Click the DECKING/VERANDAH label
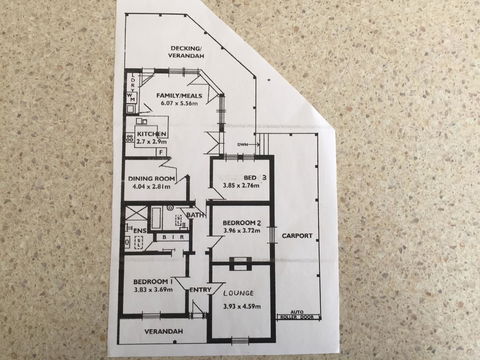click(187, 52)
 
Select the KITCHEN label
click(150, 133)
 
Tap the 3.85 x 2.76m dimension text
click(240, 187)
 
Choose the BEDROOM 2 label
click(241, 222)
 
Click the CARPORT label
click(297, 236)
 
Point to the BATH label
click(195, 215)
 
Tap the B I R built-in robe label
click(169, 238)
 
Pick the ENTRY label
click(200, 290)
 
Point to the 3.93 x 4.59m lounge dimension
click(238, 306)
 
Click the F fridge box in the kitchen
click(148, 152)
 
